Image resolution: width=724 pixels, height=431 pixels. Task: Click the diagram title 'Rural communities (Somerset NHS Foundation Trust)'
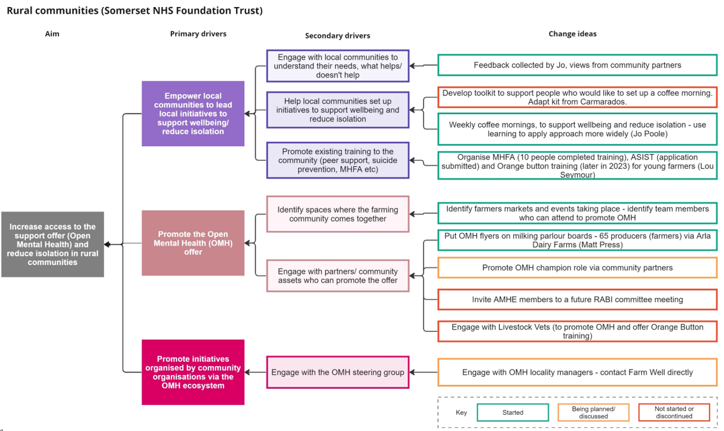click(x=134, y=10)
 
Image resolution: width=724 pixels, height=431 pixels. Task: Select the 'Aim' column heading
click(x=53, y=34)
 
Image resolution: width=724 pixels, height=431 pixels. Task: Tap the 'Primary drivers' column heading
click(x=198, y=34)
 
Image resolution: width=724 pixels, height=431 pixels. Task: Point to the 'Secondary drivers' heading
click(x=338, y=36)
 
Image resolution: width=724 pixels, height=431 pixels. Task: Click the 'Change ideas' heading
click(x=572, y=34)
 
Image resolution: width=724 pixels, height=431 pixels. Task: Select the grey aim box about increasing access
click(x=53, y=244)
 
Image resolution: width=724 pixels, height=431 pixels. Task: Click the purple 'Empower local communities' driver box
click(x=193, y=113)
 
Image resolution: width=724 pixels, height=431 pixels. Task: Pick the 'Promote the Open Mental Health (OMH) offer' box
click(x=193, y=243)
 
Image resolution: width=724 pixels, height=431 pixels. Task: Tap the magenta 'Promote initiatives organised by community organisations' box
click(x=193, y=372)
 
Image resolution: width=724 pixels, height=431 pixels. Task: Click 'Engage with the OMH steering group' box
click(x=338, y=372)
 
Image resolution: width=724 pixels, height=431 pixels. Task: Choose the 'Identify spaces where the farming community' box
click(x=338, y=214)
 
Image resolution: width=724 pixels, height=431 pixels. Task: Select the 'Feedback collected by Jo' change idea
click(x=577, y=65)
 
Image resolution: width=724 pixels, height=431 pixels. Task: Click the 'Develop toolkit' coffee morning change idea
click(x=577, y=97)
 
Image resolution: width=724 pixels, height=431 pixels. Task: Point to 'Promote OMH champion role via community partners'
click(x=577, y=268)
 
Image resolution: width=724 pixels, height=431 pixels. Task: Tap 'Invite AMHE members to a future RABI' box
click(x=577, y=300)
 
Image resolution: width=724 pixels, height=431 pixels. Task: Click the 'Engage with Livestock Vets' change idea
click(x=577, y=331)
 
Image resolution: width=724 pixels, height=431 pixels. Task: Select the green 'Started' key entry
click(x=513, y=412)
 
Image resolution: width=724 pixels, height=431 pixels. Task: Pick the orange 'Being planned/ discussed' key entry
click(x=593, y=412)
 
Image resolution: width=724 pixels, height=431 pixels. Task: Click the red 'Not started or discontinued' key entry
click(x=673, y=412)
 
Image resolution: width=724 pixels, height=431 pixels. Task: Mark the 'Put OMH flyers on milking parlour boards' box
click(x=577, y=240)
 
